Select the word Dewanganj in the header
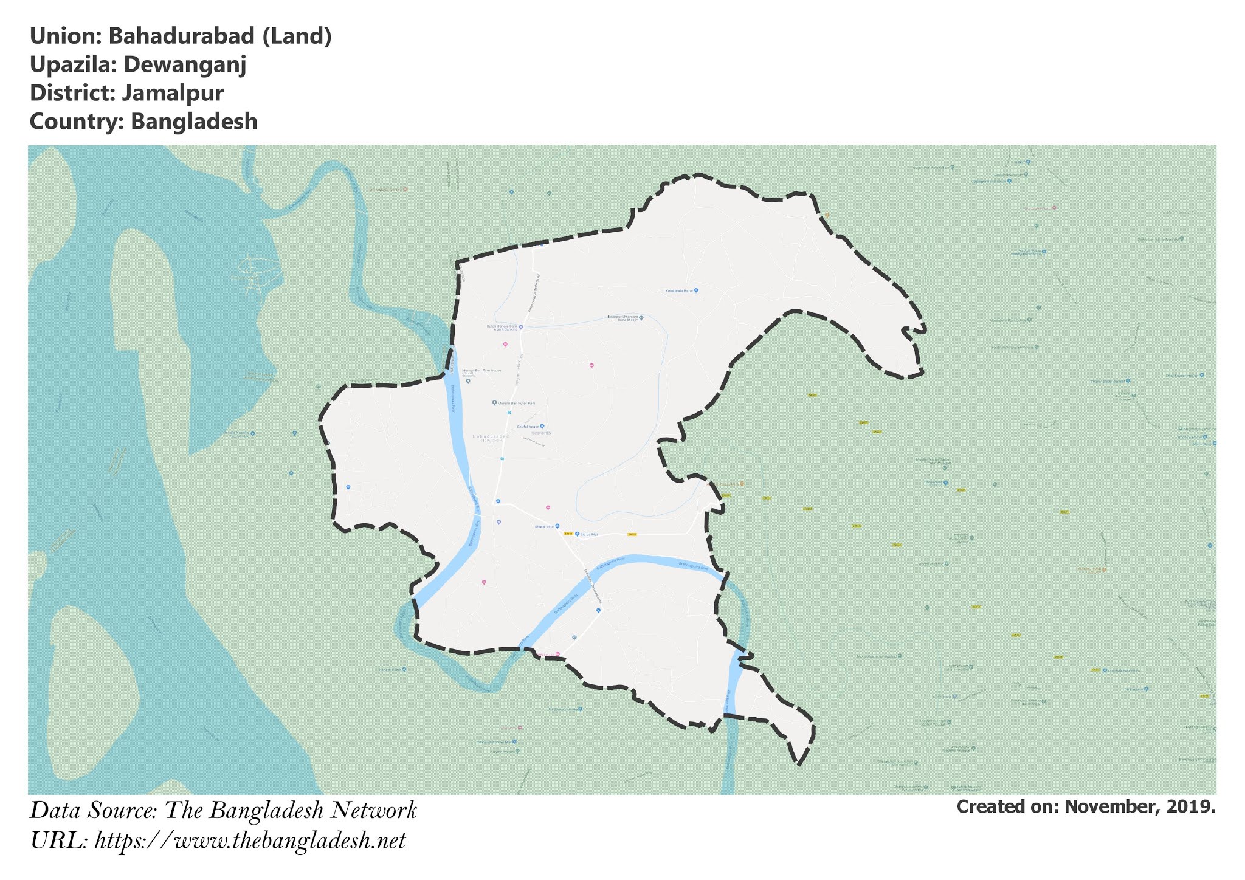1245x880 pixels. tap(185, 64)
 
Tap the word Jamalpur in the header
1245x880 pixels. tap(173, 93)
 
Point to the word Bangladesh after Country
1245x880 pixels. tap(194, 122)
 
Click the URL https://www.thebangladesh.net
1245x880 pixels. tap(250, 841)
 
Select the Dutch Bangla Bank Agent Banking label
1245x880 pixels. tap(502, 328)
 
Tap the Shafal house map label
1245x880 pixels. tap(528, 427)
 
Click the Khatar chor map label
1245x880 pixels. tap(544, 526)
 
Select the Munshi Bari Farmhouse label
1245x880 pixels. tap(481, 370)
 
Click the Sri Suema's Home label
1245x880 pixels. tap(563, 709)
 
